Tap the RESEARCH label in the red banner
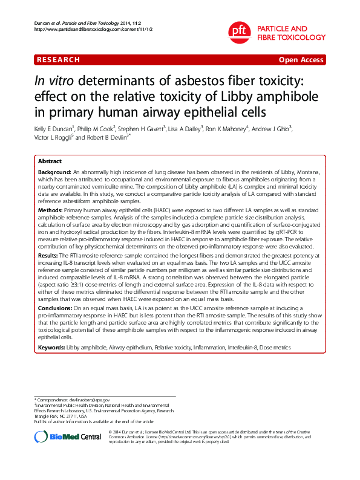point(58,60)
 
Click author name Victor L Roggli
point(54,138)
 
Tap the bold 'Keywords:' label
point(51,348)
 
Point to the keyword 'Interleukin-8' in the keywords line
point(240,348)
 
